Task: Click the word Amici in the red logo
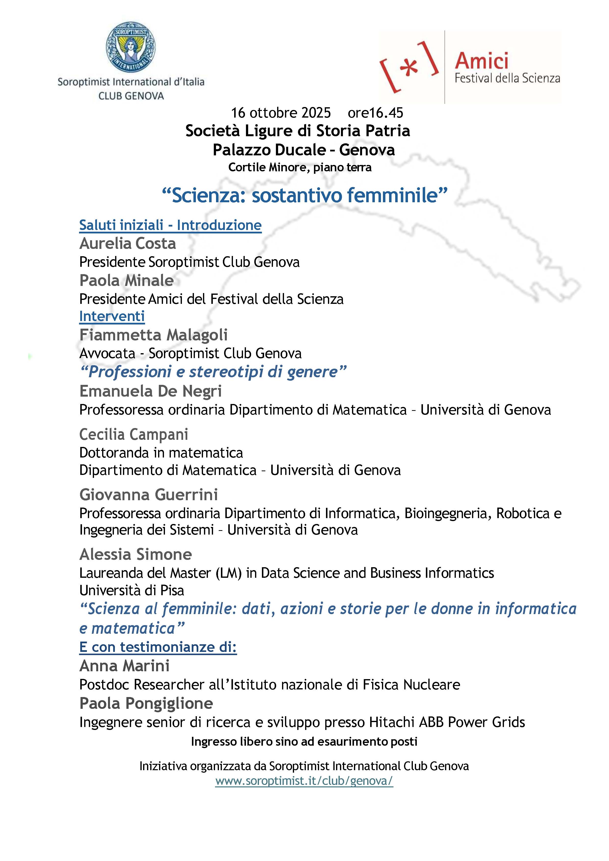click(482, 61)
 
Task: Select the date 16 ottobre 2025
click(281, 112)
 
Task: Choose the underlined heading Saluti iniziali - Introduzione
click(170, 225)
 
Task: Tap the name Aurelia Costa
click(127, 244)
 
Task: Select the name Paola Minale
click(126, 281)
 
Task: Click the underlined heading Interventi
click(112, 316)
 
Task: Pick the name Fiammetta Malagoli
click(153, 335)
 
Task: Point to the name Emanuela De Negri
click(150, 391)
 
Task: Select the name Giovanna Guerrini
click(149, 495)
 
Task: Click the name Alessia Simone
click(136, 554)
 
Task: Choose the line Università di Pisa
click(132, 591)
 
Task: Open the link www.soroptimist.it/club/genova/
click(304, 781)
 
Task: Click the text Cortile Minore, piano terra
click(300, 167)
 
